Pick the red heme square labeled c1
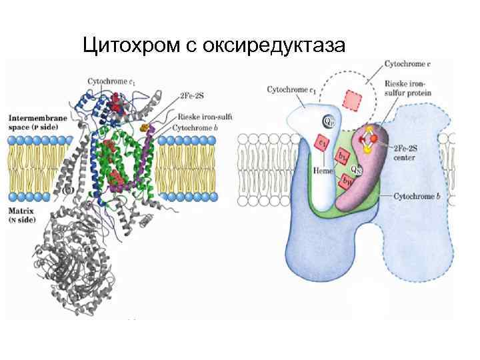click(x=321, y=143)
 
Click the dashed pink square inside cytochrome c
click(x=352, y=101)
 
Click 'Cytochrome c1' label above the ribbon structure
click(x=111, y=81)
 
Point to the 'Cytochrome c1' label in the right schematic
click(x=291, y=89)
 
